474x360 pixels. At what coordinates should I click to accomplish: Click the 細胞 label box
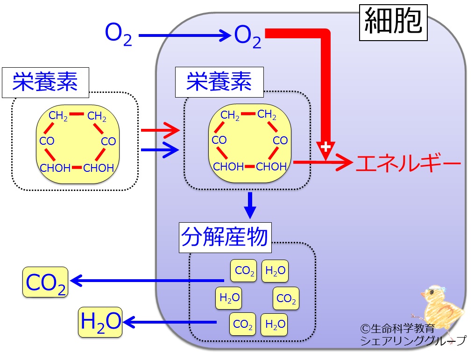pyautogui.click(x=393, y=22)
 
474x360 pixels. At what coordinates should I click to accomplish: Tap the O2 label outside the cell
pyautogui.click(x=118, y=35)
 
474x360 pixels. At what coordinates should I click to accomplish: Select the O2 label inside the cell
pyautogui.click(x=248, y=37)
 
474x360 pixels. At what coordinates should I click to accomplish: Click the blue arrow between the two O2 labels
pyautogui.click(x=184, y=35)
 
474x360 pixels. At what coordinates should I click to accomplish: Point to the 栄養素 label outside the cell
pyautogui.click(x=45, y=83)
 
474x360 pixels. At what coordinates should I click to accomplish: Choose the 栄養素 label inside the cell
pyautogui.click(x=219, y=82)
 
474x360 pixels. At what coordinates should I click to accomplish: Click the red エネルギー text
pyautogui.click(x=409, y=163)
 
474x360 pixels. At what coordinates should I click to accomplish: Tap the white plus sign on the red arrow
pyautogui.click(x=325, y=147)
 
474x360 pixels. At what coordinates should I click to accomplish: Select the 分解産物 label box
pyautogui.click(x=225, y=237)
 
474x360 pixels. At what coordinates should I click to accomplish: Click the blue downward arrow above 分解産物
pyautogui.click(x=250, y=205)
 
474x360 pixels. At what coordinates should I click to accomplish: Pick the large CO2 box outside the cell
pyautogui.click(x=45, y=282)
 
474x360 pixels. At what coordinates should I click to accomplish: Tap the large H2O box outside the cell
pyautogui.click(x=100, y=322)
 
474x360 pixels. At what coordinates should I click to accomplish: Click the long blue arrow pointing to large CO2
pyautogui.click(x=147, y=281)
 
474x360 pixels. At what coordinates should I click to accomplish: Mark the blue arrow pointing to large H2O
pyautogui.click(x=170, y=322)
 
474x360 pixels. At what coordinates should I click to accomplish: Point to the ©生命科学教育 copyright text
pyautogui.click(x=397, y=328)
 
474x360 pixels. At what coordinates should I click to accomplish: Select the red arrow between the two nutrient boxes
pyautogui.click(x=160, y=130)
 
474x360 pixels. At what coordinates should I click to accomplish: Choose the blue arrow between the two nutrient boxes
pyautogui.click(x=160, y=149)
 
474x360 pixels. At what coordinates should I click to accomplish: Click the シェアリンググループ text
pyautogui.click(x=413, y=341)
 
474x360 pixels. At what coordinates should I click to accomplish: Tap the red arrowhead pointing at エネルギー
pyautogui.click(x=345, y=162)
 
